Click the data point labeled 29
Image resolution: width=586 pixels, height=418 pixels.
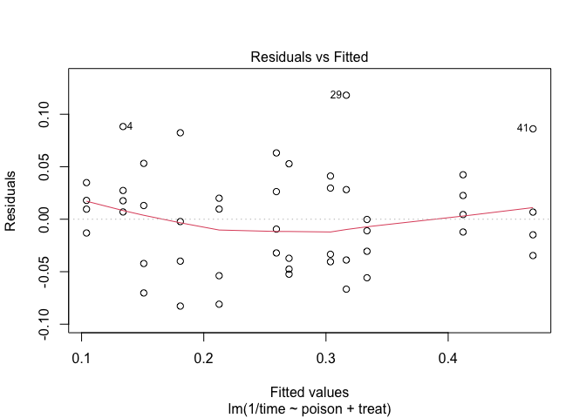(346, 95)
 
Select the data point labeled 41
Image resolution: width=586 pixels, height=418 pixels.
(533, 128)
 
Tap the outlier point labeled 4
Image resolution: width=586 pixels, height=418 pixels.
(123, 126)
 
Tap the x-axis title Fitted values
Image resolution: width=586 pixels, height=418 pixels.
(309, 392)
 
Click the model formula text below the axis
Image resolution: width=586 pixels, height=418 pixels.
(309, 408)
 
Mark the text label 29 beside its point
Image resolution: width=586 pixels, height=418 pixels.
(336, 95)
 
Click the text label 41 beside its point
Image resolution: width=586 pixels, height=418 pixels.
(522, 128)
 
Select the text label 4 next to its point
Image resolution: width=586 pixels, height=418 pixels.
(130, 126)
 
